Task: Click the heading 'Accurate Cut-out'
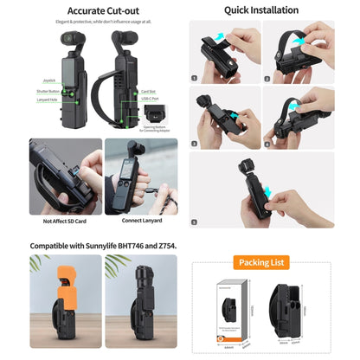[91, 10]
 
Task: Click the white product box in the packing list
[230, 311]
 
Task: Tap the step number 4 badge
[270, 144]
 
